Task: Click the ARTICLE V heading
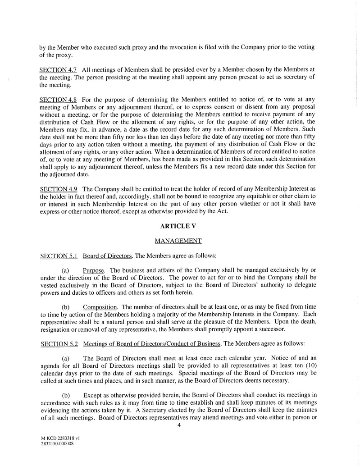[x=180, y=226]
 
